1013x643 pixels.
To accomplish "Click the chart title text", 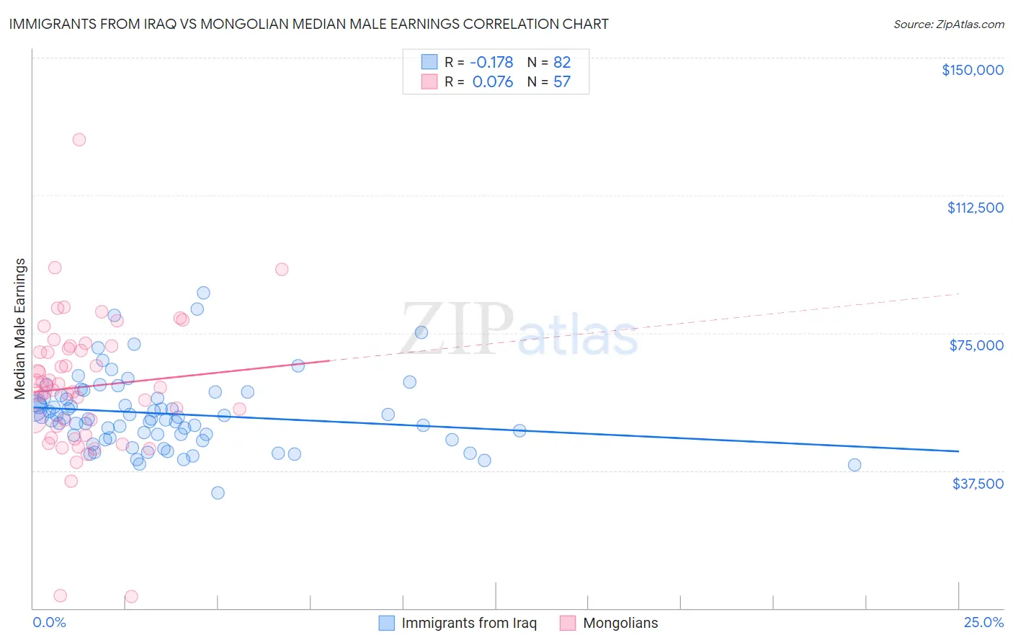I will click(x=309, y=24).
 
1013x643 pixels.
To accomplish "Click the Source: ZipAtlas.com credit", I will click(x=948, y=24).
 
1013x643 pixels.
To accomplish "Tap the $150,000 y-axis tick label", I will click(x=972, y=70).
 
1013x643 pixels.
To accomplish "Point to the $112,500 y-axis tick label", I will click(x=975, y=208).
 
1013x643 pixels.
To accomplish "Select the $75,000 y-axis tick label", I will click(x=976, y=345).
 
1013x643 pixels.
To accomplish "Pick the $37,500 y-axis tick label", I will click(x=977, y=484).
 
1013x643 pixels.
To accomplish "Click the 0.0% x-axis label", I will click(x=49, y=622).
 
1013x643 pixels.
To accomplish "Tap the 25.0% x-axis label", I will click(x=983, y=622).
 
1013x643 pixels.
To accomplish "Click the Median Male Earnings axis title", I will click(x=20, y=329).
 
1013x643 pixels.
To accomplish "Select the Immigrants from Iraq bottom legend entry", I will click(x=468, y=623).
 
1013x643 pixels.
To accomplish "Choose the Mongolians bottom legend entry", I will click(x=620, y=623).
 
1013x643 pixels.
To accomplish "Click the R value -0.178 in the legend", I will click(x=491, y=62).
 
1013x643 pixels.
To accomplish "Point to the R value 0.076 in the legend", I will click(x=493, y=82).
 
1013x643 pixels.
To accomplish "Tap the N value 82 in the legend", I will click(x=562, y=62).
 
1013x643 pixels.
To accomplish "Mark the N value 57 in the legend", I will click(x=562, y=82).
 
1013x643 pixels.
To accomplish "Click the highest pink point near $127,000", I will click(x=79, y=140).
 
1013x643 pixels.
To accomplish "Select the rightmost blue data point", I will click(x=854, y=465).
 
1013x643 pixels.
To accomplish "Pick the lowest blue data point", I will click(x=218, y=493).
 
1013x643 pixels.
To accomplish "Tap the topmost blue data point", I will click(x=204, y=293).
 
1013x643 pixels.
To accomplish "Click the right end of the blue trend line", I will click(x=958, y=451).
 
